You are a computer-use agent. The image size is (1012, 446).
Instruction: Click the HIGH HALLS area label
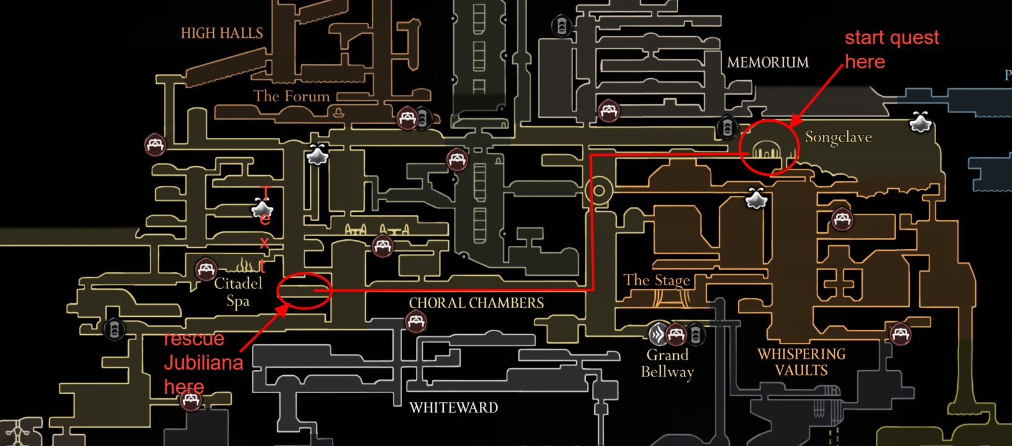221,34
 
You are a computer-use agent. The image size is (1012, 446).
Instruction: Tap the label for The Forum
291,96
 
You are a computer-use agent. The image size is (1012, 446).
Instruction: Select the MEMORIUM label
768,63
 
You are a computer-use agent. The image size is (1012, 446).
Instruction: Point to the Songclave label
838,137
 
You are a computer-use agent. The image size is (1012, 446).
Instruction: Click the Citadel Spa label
237,292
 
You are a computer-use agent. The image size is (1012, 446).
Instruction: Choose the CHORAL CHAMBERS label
476,303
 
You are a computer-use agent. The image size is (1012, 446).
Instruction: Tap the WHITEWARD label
453,408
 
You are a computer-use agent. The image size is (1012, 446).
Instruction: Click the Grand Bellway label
667,363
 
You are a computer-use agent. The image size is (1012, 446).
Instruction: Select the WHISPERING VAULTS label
801,362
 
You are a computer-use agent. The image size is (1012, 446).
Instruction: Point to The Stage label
656,280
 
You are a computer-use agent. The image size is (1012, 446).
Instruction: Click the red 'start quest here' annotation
891,50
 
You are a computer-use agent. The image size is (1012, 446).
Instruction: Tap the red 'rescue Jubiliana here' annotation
203,363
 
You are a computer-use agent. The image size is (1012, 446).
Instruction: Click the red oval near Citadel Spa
304,291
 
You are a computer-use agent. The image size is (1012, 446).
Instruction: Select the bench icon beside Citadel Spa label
206,270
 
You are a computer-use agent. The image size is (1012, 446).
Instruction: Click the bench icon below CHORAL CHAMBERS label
416,322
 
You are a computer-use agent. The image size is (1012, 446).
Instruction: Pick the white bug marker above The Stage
757,199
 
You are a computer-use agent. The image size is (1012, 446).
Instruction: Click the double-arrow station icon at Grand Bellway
658,334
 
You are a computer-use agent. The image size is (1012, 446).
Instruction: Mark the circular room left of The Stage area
599,191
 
